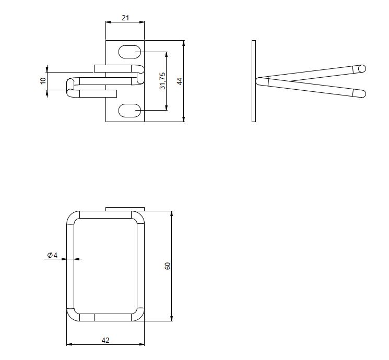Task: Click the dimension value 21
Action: [125, 18]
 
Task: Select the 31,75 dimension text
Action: [162, 81]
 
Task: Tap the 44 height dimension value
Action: [179, 81]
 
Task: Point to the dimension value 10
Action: [43, 81]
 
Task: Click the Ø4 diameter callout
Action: [52, 255]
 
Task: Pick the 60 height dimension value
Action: [168, 266]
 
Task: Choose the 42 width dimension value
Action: [105, 340]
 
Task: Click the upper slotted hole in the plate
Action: [129, 52]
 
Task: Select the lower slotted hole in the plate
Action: [129, 111]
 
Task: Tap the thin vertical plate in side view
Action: [254, 81]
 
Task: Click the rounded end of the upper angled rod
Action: [362, 68]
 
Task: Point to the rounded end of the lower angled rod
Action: [362, 94]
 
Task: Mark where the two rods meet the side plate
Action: [260, 81]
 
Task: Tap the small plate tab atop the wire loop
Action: [125, 209]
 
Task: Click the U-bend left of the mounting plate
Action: [70, 87]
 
